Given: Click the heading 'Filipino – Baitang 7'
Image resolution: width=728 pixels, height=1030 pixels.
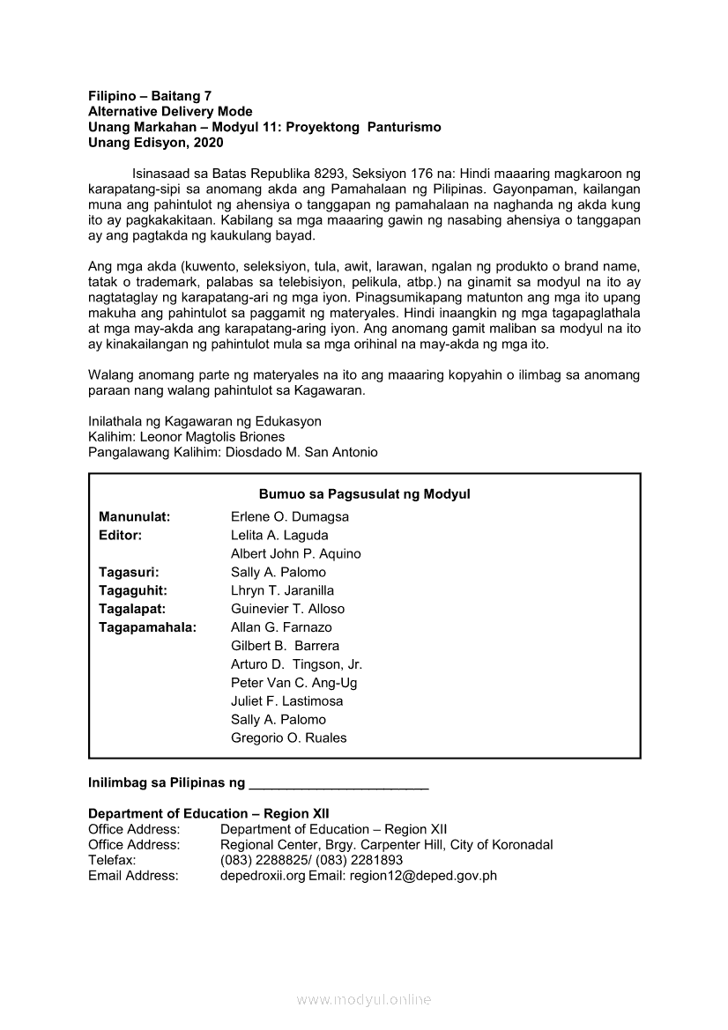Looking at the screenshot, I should coord(150,96).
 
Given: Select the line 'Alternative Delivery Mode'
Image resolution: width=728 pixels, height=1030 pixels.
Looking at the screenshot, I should coord(170,112).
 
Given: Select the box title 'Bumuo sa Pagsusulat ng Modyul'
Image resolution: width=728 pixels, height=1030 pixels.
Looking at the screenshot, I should coord(364,494).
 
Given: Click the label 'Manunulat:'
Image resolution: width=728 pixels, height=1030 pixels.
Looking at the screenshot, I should coord(134,517).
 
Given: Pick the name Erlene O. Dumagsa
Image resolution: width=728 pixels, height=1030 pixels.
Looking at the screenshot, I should coord(290,517).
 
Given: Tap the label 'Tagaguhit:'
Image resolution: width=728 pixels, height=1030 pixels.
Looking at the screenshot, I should coord(133,590).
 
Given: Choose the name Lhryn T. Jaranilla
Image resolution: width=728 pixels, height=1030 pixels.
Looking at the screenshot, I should coord(282,590).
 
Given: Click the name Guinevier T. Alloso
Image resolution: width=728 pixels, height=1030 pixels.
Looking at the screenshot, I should coord(287,609).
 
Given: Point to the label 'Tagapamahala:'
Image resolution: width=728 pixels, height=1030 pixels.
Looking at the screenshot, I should coord(147,627).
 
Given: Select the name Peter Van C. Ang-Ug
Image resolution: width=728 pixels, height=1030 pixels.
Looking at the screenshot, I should coord(293,683).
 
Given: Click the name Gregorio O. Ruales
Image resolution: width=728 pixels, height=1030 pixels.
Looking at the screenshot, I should coord(288,738).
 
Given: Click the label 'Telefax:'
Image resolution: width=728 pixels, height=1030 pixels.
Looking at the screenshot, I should coord(112,860).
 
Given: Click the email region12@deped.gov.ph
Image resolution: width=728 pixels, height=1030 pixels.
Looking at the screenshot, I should coord(423,876).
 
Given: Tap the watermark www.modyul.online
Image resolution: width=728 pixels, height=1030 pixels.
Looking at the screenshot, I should coord(364,999).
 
